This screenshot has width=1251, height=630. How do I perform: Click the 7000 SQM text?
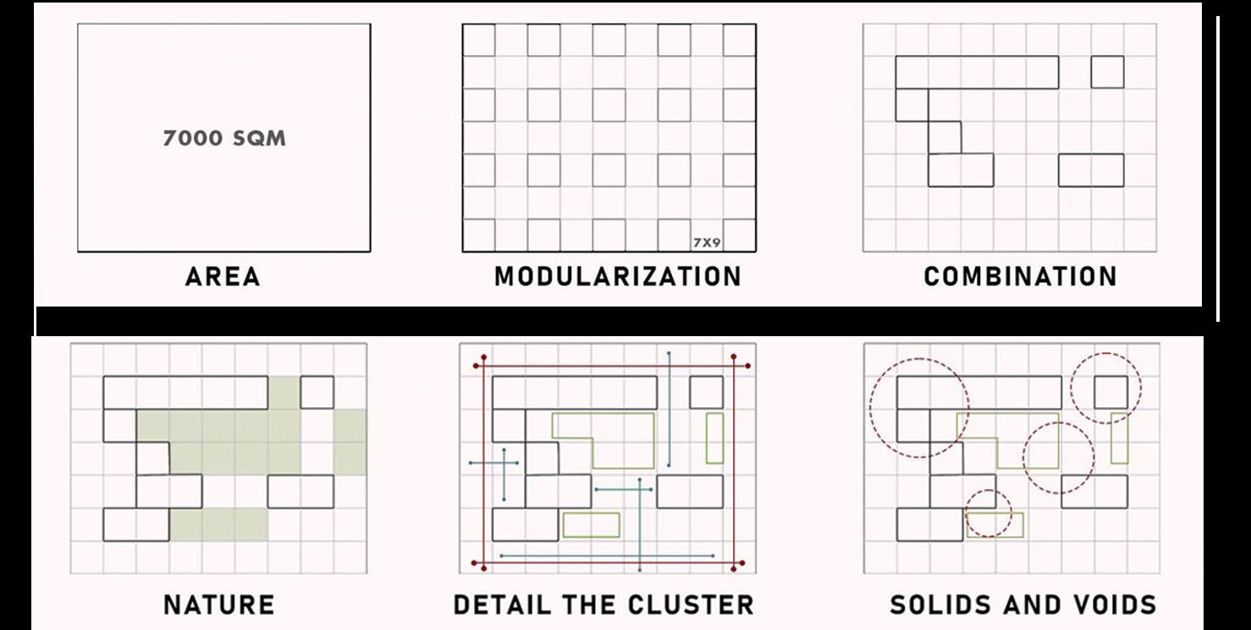pos(224,138)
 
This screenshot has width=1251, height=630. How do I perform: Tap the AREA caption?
pos(223,276)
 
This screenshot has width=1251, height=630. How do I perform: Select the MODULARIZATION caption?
pos(618,276)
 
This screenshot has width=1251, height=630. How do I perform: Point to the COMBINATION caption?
pos(1020,276)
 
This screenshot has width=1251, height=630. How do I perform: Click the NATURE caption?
pos(218,605)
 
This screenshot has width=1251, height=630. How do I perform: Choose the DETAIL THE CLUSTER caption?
pos(603,605)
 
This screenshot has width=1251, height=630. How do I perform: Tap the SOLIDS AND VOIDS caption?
pos(1022,605)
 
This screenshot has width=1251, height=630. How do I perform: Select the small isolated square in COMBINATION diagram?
pos(1107,72)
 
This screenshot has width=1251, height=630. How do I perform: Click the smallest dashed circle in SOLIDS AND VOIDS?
pos(989,513)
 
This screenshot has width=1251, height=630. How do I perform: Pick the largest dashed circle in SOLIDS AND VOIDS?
pos(918,407)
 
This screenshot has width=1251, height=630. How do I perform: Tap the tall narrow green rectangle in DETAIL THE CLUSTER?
pos(715,438)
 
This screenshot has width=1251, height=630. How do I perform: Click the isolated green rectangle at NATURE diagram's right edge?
pos(350,441)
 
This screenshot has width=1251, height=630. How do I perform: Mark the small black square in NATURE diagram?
pos(317,392)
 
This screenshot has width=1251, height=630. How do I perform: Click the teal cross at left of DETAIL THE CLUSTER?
pos(504,463)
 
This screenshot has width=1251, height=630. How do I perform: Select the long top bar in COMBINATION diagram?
pos(977,72)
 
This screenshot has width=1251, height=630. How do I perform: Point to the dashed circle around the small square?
pos(1106,388)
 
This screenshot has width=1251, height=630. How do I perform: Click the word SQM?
pos(258,138)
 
